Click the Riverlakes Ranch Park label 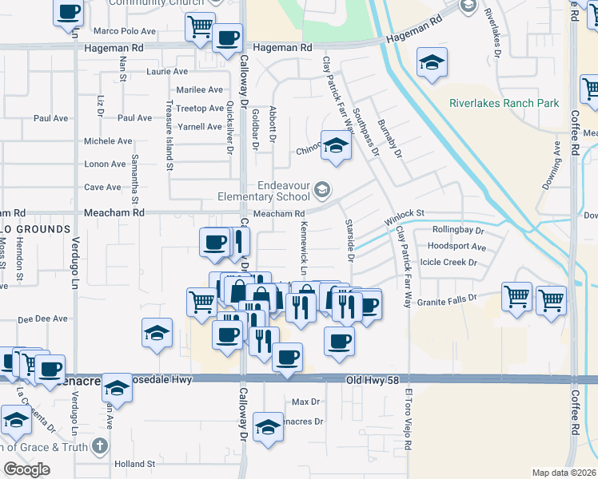504,103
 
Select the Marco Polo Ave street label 124,31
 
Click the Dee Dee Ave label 42,319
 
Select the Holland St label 134,464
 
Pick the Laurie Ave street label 167,71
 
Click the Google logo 26,469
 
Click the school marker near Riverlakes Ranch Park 432,62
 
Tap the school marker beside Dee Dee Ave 157,333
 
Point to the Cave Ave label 102,188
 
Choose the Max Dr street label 305,402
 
